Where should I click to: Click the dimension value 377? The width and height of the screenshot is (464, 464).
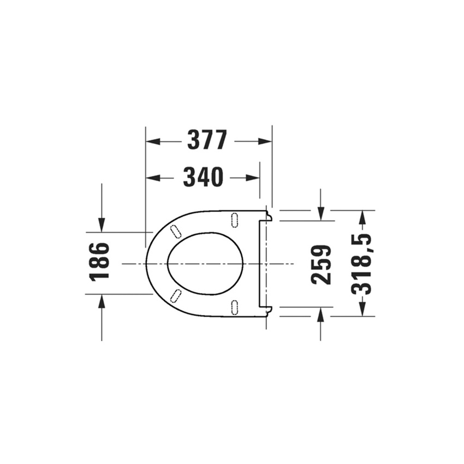pos(207,141)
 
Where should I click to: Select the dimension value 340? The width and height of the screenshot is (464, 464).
pos(203,177)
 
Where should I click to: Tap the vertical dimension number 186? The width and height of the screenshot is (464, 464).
pos(100,261)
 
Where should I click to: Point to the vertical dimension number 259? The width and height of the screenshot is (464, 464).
pos(321,264)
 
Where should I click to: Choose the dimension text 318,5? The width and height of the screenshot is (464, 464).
pos(361,263)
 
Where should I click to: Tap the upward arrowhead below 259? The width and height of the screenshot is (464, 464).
pos(320,314)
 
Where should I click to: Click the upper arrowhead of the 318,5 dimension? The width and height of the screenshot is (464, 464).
pos(361,216)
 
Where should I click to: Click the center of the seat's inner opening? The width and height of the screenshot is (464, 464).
pos(205,264)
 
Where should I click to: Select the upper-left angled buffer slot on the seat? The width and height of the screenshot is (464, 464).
pos(176,231)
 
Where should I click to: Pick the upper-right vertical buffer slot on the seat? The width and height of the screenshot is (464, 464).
pos(235,219)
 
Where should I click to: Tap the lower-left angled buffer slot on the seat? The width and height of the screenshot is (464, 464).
pos(176,295)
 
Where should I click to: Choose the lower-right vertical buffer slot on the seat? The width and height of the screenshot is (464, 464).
pos(235,307)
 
